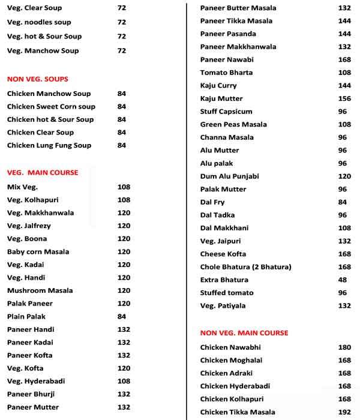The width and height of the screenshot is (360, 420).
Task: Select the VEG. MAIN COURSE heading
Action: [x=43, y=173]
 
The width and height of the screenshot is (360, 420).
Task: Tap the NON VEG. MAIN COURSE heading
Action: [x=244, y=333]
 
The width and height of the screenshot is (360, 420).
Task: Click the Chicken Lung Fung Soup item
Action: [x=49, y=145]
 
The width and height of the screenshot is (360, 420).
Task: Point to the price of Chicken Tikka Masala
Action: [x=344, y=412]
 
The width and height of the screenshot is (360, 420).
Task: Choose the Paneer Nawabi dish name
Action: [x=227, y=59]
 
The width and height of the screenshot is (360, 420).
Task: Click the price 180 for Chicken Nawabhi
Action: [x=344, y=347]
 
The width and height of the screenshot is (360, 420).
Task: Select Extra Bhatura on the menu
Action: [x=224, y=280]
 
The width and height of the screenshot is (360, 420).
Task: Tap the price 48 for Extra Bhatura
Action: [x=343, y=280]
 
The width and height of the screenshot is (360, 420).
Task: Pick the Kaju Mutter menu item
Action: [x=221, y=98]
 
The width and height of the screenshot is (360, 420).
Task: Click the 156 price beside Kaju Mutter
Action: [x=344, y=98]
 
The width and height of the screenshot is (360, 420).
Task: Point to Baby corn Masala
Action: [x=38, y=252]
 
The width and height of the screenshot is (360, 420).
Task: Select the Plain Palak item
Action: [x=26, y=316]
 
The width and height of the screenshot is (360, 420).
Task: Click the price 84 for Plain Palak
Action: [x=122, y=316]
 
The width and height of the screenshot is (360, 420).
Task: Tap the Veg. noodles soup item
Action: [x=39, y=22]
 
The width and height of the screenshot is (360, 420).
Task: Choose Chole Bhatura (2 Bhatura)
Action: [x=246, y=267]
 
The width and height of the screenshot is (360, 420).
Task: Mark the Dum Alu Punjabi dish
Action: [x=230, y=176]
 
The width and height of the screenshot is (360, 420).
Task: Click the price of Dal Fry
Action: [x=343, y=202]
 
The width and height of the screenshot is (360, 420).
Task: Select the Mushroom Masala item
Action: [x=40, y=290]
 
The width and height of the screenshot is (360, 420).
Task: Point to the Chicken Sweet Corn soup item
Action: [x=51, y=107]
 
